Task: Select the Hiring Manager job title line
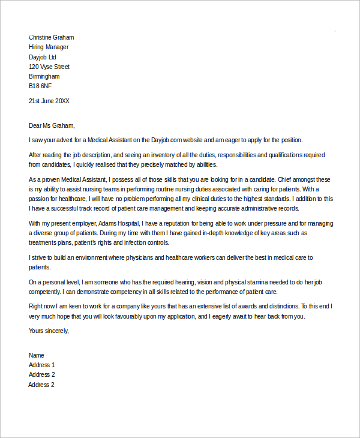[49, 47]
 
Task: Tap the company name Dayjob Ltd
[43, 57]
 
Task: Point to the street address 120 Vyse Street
[49, 67]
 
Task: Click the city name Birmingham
[44, 77]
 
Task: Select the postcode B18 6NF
[41, 86]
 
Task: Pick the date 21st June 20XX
[49, 101]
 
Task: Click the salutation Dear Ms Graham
[52, 125]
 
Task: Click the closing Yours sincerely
[49, 331]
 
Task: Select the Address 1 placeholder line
[42, 365]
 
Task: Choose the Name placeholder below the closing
[37, 355]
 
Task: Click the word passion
[40, 199]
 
